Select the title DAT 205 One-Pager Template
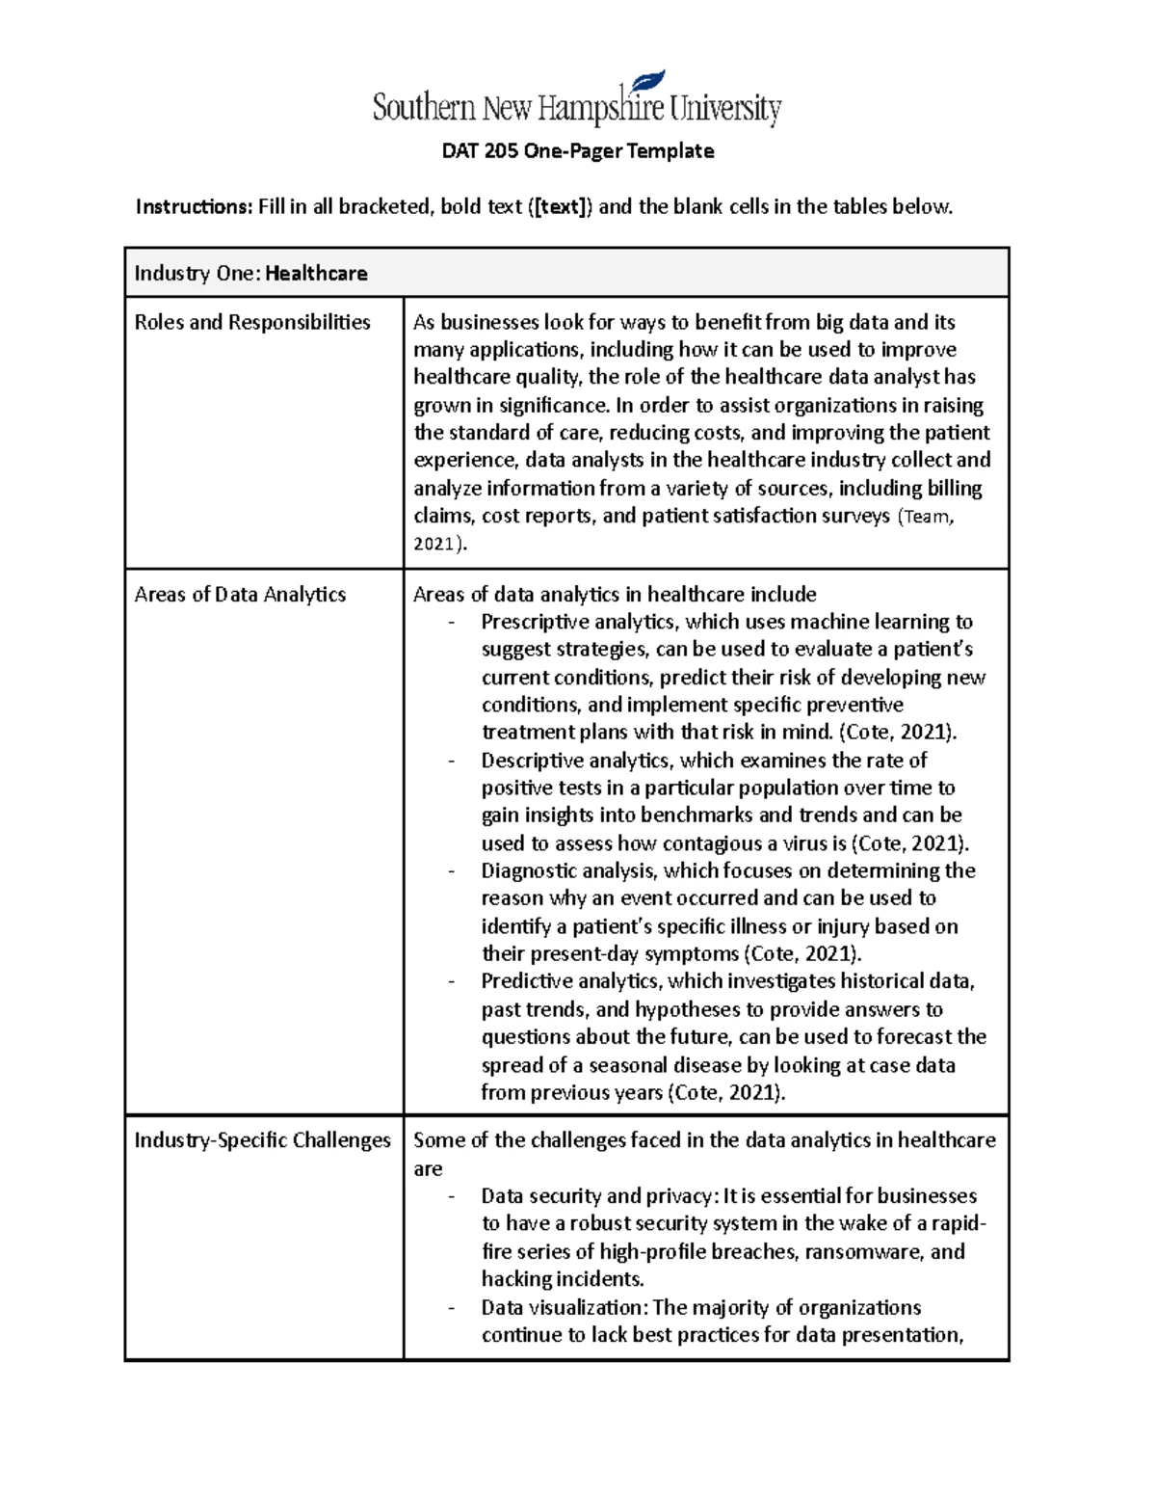[x=577, y=151]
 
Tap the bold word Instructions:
[x=194, y=206]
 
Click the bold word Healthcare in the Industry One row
[x=316, y=274]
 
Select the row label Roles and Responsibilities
[x=252, y=322]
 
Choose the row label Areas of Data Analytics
[x=240, y=595]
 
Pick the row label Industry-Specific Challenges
[x=262, y=1140]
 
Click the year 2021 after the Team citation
[x=434, y=544]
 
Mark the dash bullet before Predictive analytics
[x=451, y=981]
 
